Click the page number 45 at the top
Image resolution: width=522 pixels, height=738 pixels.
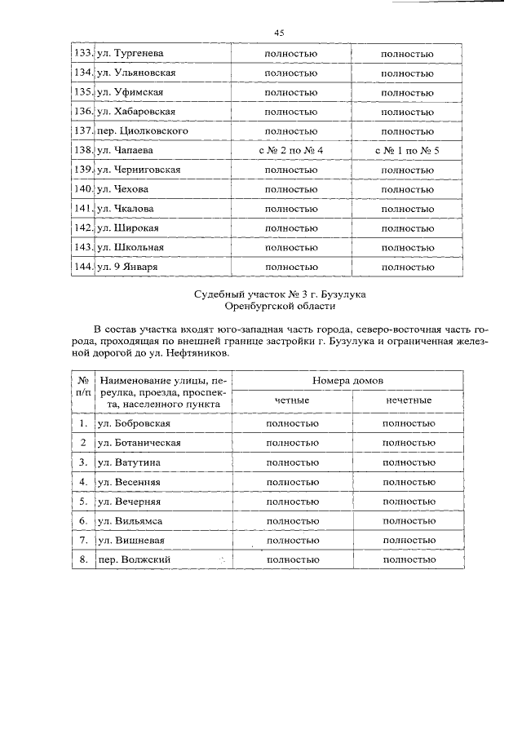[x=279, y=33]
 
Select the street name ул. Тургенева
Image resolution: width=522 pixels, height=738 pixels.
[x=130, y=53]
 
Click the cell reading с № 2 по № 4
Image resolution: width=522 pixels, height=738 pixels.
[x=291, y=151]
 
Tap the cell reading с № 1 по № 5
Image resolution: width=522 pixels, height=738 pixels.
[x=407, y=151]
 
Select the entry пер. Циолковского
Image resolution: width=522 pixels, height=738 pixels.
[x=143, y=131]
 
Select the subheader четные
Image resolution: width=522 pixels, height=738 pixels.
[x=291, y=400]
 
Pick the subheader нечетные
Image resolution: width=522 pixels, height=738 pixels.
[x=408, y=400]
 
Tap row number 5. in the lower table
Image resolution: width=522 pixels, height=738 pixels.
[x=83, y=501]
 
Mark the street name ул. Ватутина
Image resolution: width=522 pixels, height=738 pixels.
[x=129, y=462]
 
